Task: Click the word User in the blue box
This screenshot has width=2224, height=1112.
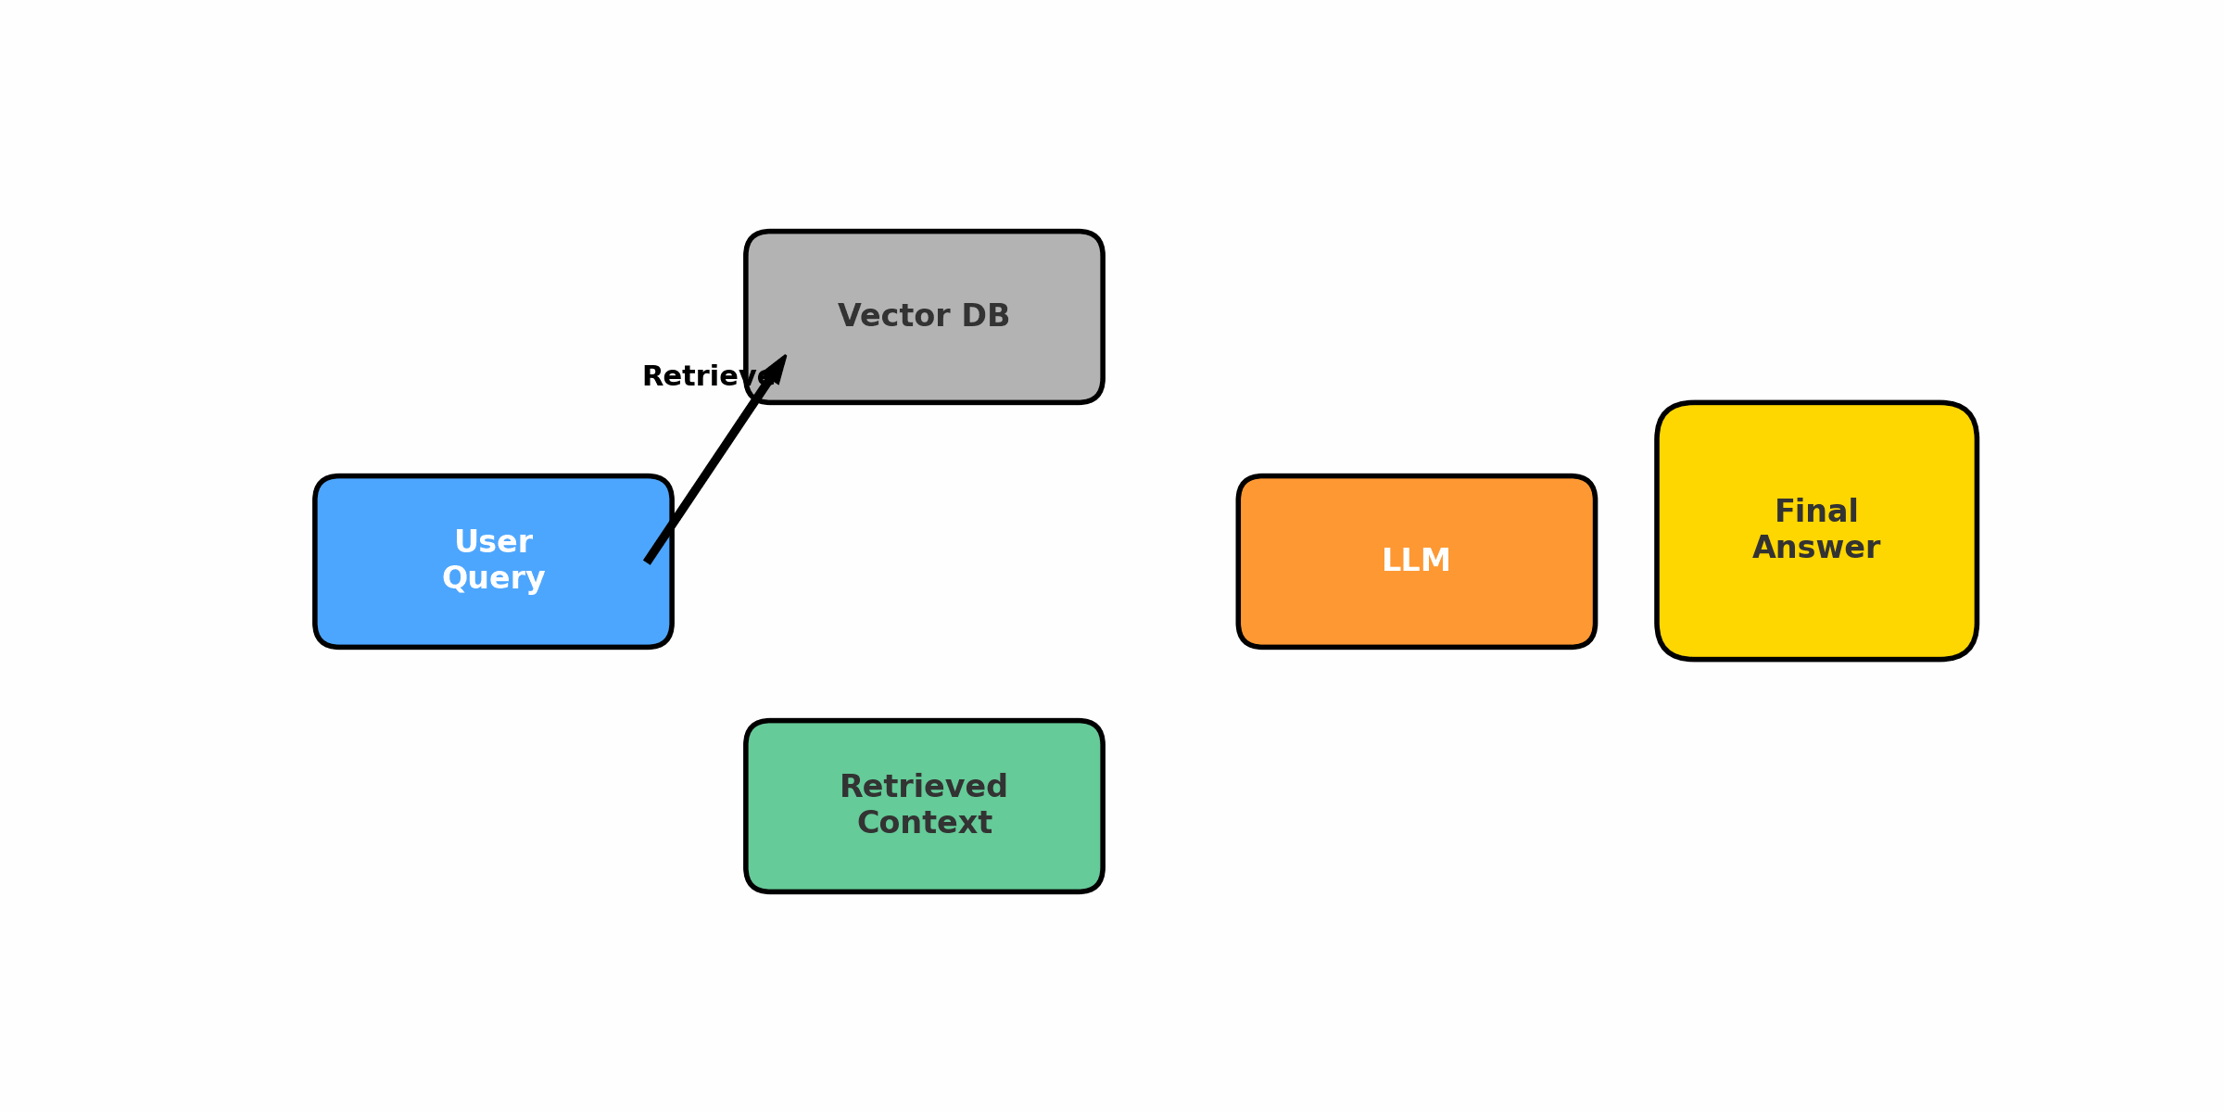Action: pyautogui.click(x=493, y=542)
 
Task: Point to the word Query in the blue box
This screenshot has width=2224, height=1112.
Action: pyautogui.click(x=493, y=578)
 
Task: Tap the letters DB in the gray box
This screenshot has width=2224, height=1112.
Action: pyautogui.click(x=985, y=316)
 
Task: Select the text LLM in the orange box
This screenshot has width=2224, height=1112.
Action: pyautogui.click(x=1416, y=561)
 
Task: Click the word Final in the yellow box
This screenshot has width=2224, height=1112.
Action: pyautogui.click(x=1816, y=512)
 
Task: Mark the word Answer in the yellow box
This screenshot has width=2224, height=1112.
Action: pyautogui.click(x=1816, y=548)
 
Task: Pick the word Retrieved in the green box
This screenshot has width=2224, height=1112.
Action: pyautogui.click(x=924, y=787)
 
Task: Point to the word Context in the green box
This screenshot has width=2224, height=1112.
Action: pyautogui.click(x=924, y=823)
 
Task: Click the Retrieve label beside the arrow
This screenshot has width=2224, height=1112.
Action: pyautogui.click(x=700, y=376)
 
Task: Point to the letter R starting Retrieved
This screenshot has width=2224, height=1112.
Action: pyautogui.click(x=851, y=787)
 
